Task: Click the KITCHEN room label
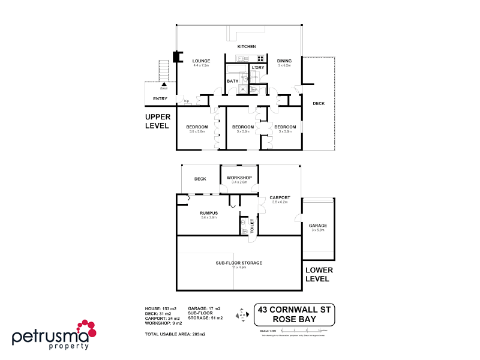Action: point(247,47)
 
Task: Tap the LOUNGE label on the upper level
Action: point(200,61)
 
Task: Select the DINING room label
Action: point(284,61)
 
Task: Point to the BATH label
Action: point(233,81)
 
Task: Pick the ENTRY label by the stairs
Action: point(160,99)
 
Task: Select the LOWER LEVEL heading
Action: point(318,275)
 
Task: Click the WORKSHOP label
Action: point(239,178)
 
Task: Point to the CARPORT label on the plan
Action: point(280,197)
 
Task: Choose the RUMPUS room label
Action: point(209,213)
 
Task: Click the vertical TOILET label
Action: point(253,226)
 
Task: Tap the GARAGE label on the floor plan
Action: point(318,226)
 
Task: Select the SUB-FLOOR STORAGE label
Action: point(239,263)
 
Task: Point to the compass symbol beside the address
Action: point(242,314)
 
